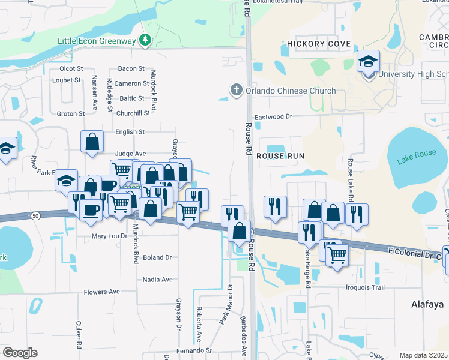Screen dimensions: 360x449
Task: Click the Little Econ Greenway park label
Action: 98,40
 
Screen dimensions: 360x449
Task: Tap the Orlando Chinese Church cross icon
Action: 237,91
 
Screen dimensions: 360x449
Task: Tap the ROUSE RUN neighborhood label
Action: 280,155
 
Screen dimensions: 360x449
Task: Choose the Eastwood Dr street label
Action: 273,117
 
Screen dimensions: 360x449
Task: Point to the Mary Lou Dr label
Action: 109,236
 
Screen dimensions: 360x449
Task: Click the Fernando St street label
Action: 194,350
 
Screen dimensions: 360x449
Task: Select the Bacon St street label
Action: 131,69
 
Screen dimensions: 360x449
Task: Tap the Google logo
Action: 20,353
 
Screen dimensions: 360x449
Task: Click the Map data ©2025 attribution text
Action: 423,355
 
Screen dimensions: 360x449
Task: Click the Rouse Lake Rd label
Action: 350,175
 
